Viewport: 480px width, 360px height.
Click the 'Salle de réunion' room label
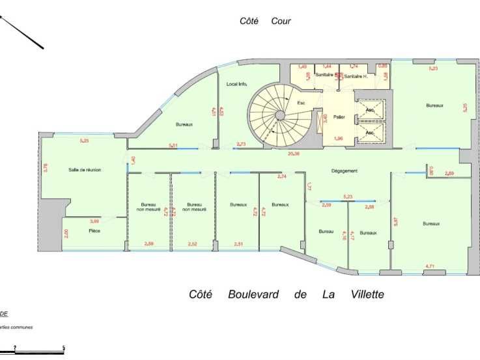pyautogui.click(x=85, y=170)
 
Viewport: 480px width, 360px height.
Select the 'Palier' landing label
pyautogui.click(x=339, y=117)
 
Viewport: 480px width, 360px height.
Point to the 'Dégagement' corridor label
pyautogui.click(x=345, y=171)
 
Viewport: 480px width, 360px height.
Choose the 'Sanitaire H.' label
pyautogui.click(x=356, y=77)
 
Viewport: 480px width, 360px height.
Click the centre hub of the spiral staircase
pyautogui.click(x=279, y=115)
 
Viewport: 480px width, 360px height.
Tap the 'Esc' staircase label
pyautogui.click(x=301, y=103)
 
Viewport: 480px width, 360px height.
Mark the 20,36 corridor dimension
pyautogui.click(x=293, y=154)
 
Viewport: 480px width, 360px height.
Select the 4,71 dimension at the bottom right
pyautogui.click(x=430, y=266)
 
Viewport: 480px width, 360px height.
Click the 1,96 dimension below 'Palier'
pyautogui.click(x=338, y=138)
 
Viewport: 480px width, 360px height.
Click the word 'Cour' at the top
pyautogui.click(x=281, y=21)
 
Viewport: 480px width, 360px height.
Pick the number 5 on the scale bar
pyautogui.click(x=64, y=347)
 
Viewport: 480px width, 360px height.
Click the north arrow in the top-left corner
pyautogui.click(x=23, y=31)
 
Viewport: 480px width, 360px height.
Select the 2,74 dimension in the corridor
pyautogui.click(x=282, y=176)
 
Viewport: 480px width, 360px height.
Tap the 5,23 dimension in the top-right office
pyautogui.click(x=432, y=68)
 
